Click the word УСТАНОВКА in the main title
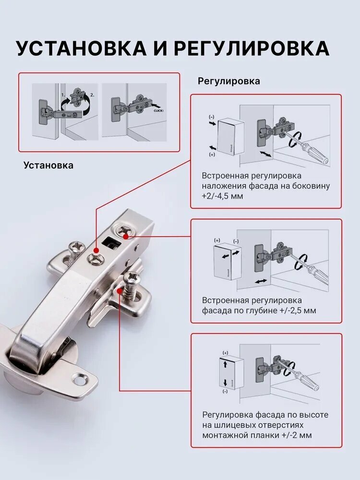(x=82, y=48)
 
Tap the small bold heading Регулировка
(x=228, y=81)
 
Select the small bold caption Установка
(x=48, y=165)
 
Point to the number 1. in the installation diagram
(x=63, y=95)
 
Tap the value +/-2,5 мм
(x=298, y=311)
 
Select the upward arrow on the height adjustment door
(x=225, y=364)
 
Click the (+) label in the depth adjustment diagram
(x=217, y=240)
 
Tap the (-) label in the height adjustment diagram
(x=225, y=392)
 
